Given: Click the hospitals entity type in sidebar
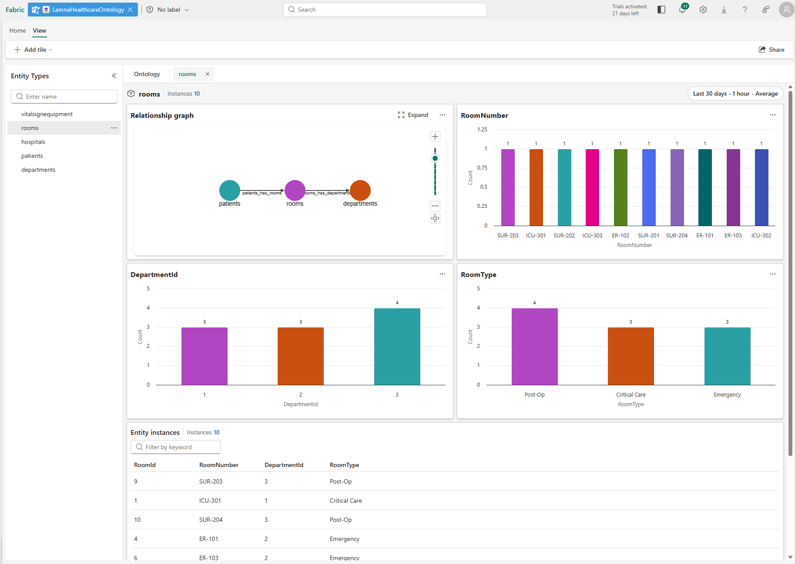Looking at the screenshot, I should click(33, 142).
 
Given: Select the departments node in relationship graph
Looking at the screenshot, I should click(360, 190).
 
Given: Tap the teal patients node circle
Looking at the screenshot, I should click(229, 190).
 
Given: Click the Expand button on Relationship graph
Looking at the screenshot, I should click(413, 115).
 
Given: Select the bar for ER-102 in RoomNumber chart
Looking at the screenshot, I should click(621, 187).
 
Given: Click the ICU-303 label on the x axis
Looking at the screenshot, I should click(592, 235).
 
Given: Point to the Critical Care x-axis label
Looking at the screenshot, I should click(631, 394).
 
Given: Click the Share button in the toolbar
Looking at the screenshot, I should click(772, 50).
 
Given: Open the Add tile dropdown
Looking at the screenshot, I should click(34, 50).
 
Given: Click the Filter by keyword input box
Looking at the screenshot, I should click(175, 447).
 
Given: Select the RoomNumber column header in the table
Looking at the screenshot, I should click(218, 465).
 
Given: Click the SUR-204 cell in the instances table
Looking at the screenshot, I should click(211, 520).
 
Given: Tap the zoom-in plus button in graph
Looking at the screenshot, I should click(435, 137).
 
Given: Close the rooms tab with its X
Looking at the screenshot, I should click(208, 74).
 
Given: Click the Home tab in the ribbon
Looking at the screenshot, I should click(17, 30).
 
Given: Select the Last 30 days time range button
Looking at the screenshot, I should click(735, 93).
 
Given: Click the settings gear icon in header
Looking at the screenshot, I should click(703, 10).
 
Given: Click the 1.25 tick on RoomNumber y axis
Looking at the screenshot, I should click(482, 130).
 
